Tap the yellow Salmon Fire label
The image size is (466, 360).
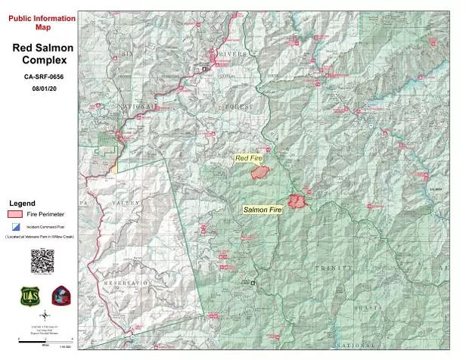click(x=263, y=208)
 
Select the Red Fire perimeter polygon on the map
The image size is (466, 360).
click(x=261, y=172)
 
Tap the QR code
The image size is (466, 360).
click(x=42, y=260)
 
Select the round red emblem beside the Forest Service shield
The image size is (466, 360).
click(x=61, y=296)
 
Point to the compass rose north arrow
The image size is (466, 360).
click(x=44, y=315)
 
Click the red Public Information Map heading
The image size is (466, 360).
click(x=42, y=22)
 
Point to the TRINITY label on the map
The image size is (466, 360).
click(x=334, y=268)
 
